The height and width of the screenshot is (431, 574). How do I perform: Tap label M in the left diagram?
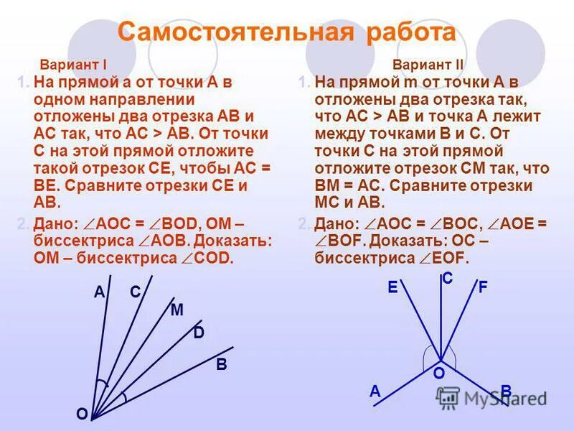(177, 310)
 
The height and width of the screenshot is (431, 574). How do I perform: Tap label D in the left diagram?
(199, 334)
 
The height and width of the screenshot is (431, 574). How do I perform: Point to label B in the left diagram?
(222, 366)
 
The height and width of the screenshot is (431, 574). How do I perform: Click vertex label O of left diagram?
(81, 414)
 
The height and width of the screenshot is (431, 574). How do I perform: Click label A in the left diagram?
(99, 292)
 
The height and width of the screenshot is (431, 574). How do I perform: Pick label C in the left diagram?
(135, 292)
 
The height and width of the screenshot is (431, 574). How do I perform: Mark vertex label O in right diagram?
(438, 374)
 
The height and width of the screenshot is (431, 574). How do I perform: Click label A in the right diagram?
(375, 391)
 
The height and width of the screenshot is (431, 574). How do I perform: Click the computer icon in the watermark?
(448, 397)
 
